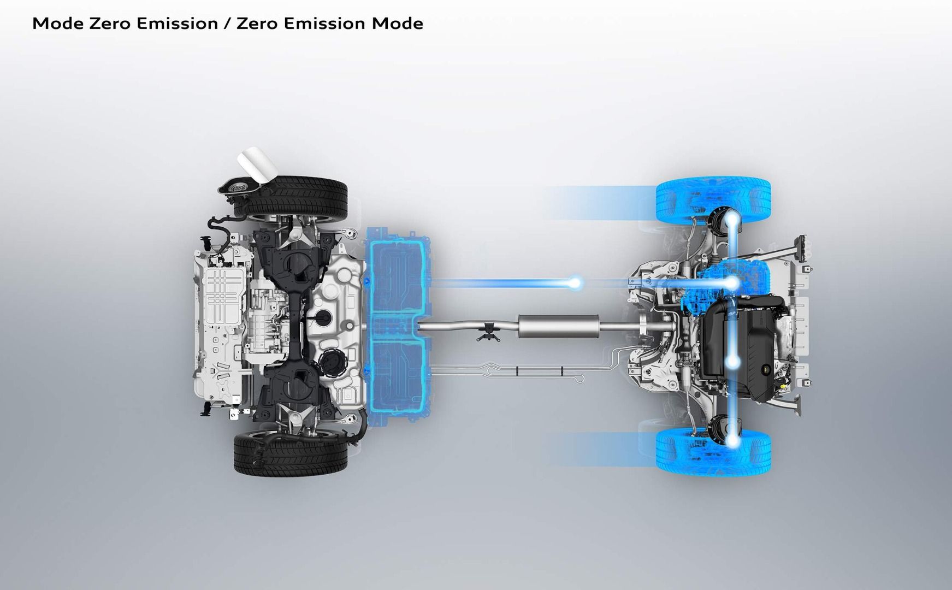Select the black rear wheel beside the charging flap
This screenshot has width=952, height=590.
[x=291, y=196]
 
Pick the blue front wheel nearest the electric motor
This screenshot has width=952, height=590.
[x=713, y=200]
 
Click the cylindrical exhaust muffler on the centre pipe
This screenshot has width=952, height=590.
[x=558, y=326]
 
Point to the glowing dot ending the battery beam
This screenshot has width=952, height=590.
[x=575, y=282]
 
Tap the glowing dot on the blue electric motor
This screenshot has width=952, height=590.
[x=732, y=283]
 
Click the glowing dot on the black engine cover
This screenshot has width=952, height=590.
[x=732, y=362]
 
